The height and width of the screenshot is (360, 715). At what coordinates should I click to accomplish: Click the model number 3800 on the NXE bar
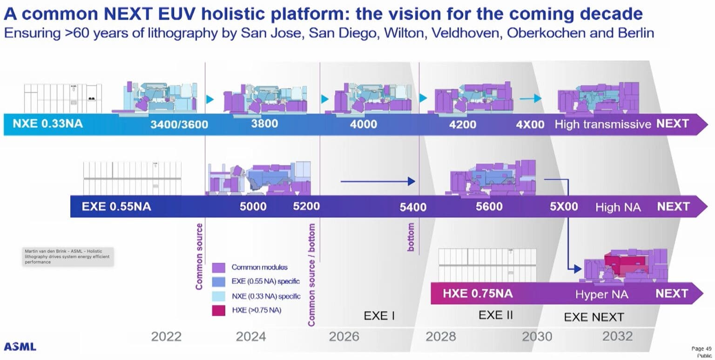pyautogui.click(x=264, y=124)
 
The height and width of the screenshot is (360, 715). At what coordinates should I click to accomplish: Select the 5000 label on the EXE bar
pyautogui.click(x=253, y=206)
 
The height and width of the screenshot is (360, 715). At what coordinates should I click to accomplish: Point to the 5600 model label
pyautogui.click(x=489, y=206)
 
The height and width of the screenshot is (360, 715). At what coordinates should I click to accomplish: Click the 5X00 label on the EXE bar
pyautogui.click(x=564, y=206)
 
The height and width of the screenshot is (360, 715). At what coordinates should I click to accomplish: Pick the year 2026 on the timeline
pyautogui.click(x=344, y=336)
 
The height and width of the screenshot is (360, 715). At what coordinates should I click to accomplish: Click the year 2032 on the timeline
pyautogui.click(x=617, y=336)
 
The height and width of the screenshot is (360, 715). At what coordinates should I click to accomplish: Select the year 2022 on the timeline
pyautogui.click(x=166, y=336)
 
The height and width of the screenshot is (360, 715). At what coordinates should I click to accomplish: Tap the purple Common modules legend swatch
pyautogui.click(x=219, y=268)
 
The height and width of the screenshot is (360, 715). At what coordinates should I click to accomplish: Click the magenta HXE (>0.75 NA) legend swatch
pyautogui.click(x=219, y=310)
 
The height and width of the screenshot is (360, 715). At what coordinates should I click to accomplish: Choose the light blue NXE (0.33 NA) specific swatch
pyautogui.click(x=219, y=296)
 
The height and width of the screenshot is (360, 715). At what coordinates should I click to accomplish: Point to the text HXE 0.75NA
pyautogui.click(x=478, y=293)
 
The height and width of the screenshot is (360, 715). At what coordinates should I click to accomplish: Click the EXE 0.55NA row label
pyautogui.click(x=116, y=206)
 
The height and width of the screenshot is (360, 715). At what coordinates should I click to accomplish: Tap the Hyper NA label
pyautogui.click(x=601, y=294)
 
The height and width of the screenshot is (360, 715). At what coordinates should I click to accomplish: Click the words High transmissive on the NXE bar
pyautogui.click(x=602, y=124)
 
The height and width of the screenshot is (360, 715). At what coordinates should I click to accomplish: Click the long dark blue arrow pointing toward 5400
pyautogui.click(x=377, y=181)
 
